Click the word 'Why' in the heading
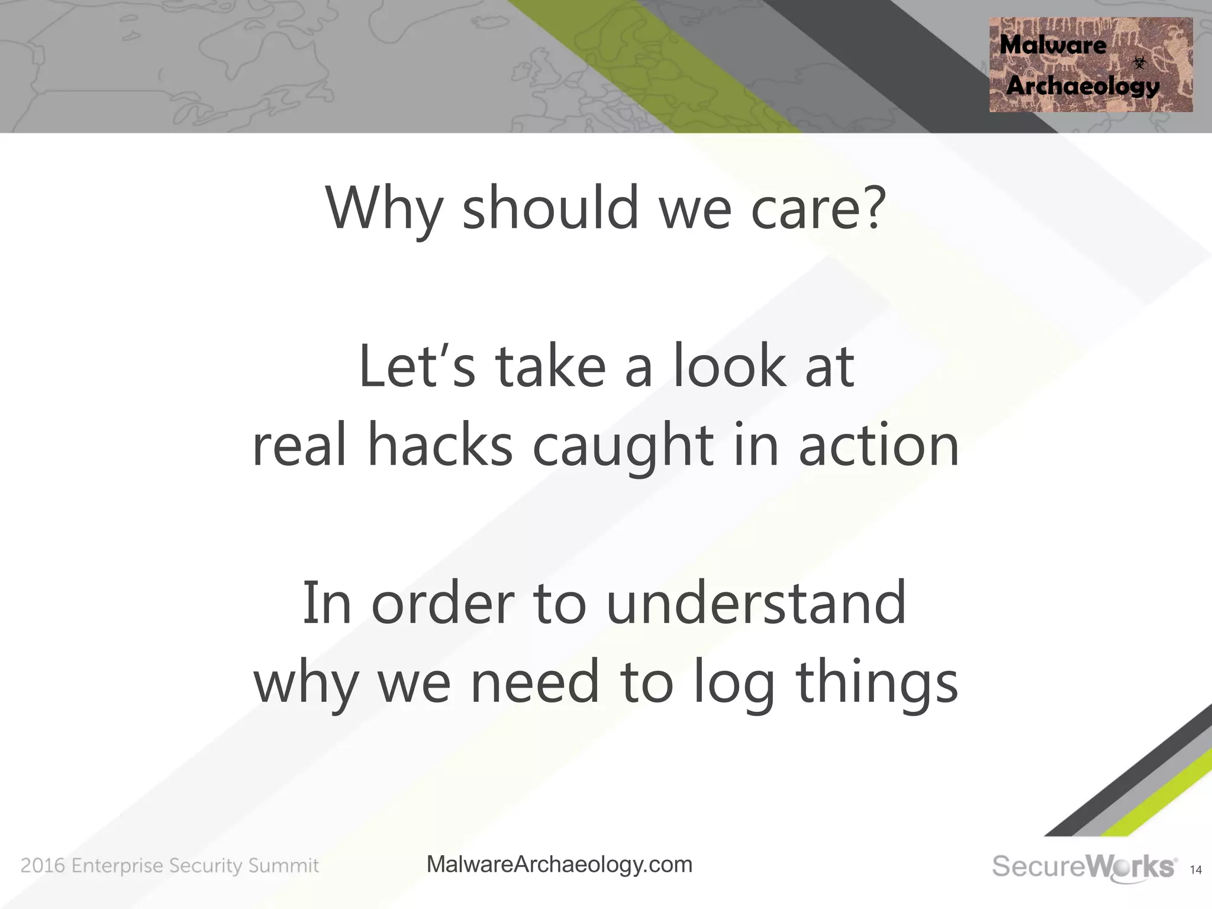tap(383, 208)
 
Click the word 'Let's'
tap(417, 367)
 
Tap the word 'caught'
tap(623, 447)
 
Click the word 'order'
tap(443, 604)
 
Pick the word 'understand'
tap(756, 604)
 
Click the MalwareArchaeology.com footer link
tap(559, 865)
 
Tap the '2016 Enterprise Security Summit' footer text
tap(170, 866)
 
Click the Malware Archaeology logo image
tap(1091, 65)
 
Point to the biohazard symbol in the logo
tap(1139, 62)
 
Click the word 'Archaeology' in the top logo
tap(1082, 86)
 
